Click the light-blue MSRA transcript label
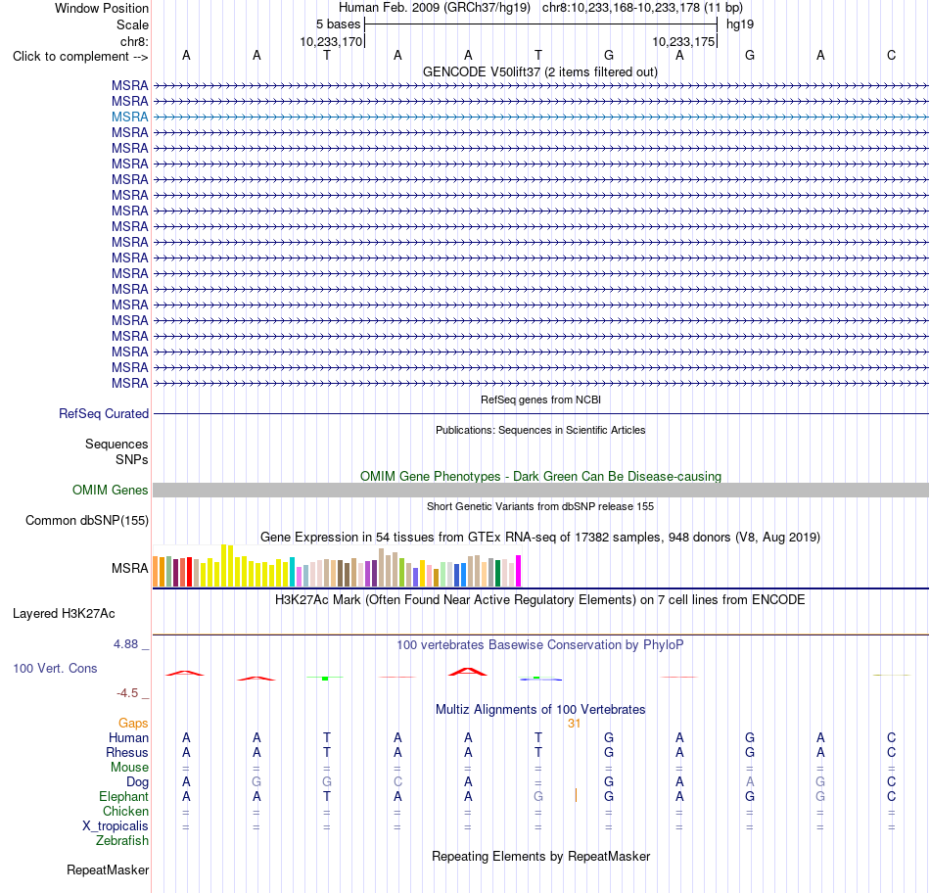(129, 117)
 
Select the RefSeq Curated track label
(104, 413)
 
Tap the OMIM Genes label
(111, 491)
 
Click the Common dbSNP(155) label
(87, 520)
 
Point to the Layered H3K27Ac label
(64, 614)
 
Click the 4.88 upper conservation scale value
(125, 644)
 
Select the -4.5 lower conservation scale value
(127, 693)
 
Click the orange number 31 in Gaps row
(574, 724)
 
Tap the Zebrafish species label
(122, 841)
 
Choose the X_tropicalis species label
(116, 826)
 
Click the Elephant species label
(124, 796)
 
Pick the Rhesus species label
(127, 752)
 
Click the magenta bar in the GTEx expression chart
(519, 571)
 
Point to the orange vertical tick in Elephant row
(576, 795)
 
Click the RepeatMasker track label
(108, 869)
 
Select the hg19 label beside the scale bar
(740, 24)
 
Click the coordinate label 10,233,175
(683, 41)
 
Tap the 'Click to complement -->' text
(80, 57)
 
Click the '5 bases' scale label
(338, 24)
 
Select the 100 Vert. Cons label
(55, 668)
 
